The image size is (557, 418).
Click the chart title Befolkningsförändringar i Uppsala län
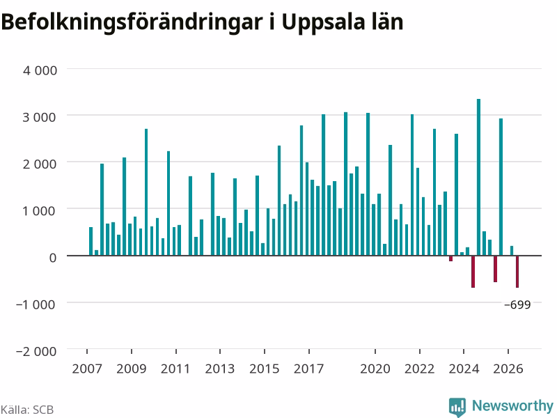pyautogui.click(x=202, y=23)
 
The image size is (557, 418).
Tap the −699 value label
pyautogui.click(x=517, y=304)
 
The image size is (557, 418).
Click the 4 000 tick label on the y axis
pyautogui.click(x=40, y=70)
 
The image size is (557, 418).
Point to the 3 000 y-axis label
pyautogui.click(x=40, y=117)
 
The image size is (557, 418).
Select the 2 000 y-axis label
pyautogui.click(x=40, y=164)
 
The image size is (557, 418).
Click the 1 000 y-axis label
pyautogui.click(x=40, y=211)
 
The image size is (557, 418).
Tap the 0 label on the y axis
pyautogui.click(x=53, y=257)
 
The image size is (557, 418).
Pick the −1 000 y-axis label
pyautogui.click(x=36, y=304)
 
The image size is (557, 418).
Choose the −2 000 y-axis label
pyautogui.click(x=36, y=351)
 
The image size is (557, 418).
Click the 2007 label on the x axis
pyautogui.click(x=87, y=369)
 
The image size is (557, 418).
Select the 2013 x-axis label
pyautogui.click(x=220, y=369)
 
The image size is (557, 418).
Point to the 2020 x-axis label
pyautogui.click(x=375, y=369)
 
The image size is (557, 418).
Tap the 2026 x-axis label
pyautogui.click(x=508, y=369)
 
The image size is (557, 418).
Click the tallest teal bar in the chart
pyautogui.click(x=478, y=177)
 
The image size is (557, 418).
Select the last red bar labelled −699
pyautogui.click(x=517, y=272)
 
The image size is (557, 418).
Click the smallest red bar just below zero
pyautogui.click(x=450, y=258)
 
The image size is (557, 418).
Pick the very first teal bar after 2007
pyautogui.click(x=91, y=241)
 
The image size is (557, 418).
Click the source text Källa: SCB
pyautogui.click(x=27, y=410)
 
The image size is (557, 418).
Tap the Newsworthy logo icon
pyautogui.click(x=457, y=407)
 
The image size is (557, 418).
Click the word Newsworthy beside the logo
pyautogui.click(x=512, y=405)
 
